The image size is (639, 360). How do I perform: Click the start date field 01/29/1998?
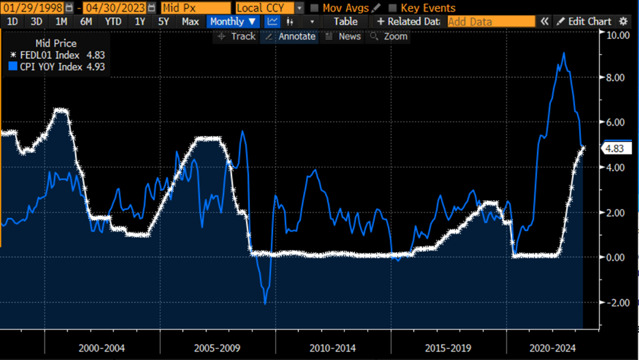tap(33, 8)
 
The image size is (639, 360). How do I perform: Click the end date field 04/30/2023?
tap(114, 8)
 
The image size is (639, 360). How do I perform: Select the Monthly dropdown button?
tap(232, 22)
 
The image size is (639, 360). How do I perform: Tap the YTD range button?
tap(113, 22)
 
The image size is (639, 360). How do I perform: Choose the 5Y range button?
tap(163, 22)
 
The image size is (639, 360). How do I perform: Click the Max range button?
tap(190, 22)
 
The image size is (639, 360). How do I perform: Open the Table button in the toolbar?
tap(345, 22)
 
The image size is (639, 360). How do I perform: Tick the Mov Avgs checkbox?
tap(315, 8)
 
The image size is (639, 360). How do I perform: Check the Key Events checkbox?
tap(393, 8)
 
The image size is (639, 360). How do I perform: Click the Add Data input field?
tap(490, 22)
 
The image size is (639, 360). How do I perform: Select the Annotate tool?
tap(291, 36)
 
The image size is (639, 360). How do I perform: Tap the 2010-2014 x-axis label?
tap(332, 348)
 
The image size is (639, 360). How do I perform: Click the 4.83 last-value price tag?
tap(612, 148)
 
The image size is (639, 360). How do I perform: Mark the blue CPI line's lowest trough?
tap(265, 303)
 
